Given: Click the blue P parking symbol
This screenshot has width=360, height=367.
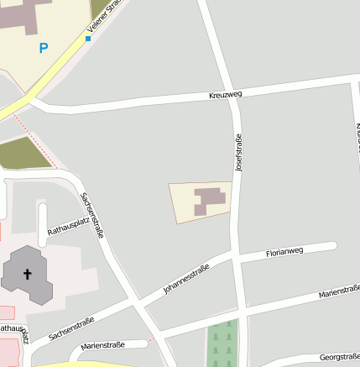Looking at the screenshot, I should click(x=44, y=49).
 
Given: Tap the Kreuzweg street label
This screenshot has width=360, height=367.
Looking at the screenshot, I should click(x=225, y=96).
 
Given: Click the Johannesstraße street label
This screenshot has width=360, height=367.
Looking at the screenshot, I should click(x=185, y=279).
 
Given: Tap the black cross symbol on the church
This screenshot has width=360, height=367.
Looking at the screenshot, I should click(x=27, y=274).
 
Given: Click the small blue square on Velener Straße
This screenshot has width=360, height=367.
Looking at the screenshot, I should click(x=88, y=39).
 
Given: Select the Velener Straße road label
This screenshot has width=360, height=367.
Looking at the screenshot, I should click(x=104, y=18).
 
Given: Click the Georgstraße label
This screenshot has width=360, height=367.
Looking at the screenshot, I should click(x=339, y=356).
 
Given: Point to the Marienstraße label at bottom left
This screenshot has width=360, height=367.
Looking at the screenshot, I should click(x=102, y=345).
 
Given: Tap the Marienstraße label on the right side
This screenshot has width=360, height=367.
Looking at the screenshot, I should click(x=338, y=292).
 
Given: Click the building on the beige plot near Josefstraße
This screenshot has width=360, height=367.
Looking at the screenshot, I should click(x=210, y=200).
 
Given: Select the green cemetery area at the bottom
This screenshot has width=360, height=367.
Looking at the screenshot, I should click(x=222, y=344).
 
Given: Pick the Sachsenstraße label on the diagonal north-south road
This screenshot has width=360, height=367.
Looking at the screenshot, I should click(x=92, y=215).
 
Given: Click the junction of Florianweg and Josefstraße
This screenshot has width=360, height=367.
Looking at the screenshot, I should click(x=240, y=256).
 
